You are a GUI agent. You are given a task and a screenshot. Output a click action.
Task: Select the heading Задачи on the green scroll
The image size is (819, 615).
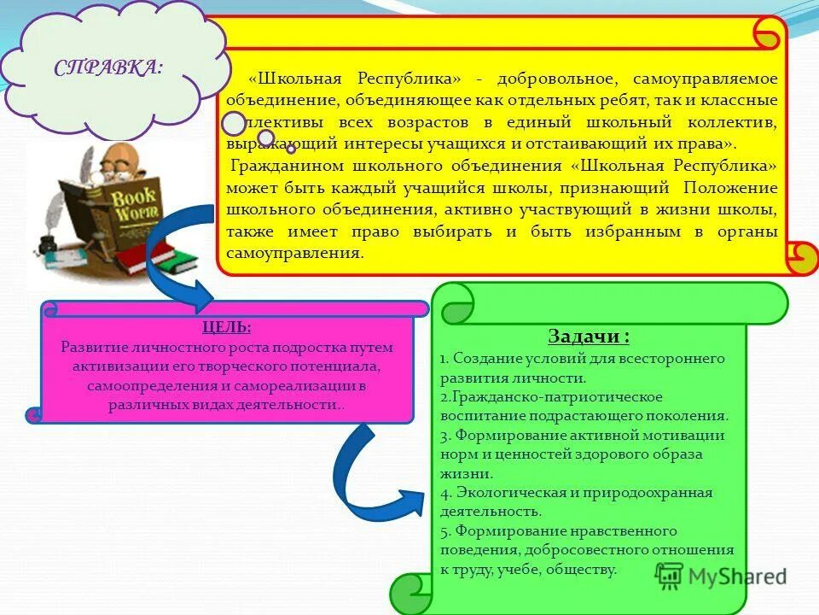click(590, 337)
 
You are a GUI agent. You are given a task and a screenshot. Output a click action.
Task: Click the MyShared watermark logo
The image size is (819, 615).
click(721, 576)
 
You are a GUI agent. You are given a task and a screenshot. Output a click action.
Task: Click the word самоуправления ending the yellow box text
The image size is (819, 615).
click(290, 254)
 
